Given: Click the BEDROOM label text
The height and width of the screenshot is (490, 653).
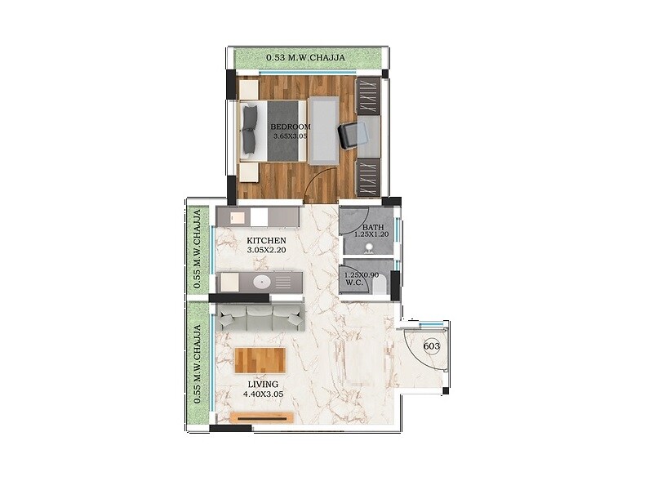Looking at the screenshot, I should [x=291, y=127].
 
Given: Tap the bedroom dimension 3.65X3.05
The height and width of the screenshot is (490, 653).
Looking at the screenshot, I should [x=291, y=136].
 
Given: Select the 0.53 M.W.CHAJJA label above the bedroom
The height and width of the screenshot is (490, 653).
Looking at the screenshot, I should [x=306, y=58].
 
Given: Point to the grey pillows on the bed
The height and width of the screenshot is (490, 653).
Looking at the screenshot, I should [x=249, y=131].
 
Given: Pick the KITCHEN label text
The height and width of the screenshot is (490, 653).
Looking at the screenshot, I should [x=266, y=240].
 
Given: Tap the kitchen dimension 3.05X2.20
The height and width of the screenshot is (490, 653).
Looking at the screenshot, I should [x=266, y=250].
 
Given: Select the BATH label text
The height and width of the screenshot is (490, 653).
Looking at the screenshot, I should [x=373, y=227].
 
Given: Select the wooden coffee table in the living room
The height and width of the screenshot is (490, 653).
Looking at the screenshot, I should [x=260, y=359].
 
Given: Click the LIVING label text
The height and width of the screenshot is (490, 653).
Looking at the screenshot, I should [x=263, y=384].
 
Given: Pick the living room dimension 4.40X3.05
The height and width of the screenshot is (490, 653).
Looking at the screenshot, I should [x=263, y=394].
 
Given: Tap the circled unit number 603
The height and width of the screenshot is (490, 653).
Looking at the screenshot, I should [x=433, y=346].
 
